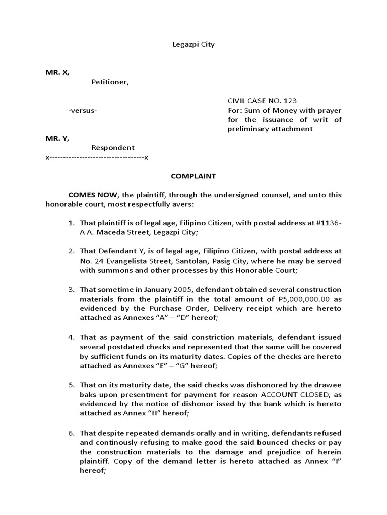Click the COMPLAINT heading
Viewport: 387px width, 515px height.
pos(193,176)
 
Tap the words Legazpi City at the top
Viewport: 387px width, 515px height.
pos(193,44)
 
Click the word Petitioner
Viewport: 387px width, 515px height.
pos(110,82)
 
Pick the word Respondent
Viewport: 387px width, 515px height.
pos(113,148)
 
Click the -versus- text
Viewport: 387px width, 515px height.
pos(83,111)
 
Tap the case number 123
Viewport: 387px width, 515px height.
pos(297,101)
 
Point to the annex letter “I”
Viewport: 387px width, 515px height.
pos(333,461)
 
